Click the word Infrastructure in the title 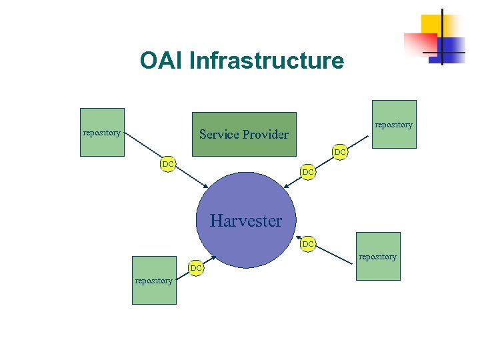pyautogui.click(x=267, y=61)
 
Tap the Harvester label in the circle pyautogui.click(x=246, y=221)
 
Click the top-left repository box pyautogui.click(x=102, y=132)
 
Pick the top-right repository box pyautogui.click(x=394, y=124)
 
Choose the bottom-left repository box pyautogui.click(x=154, y=280)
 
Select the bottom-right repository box pyautogui.click(x=378, y=256)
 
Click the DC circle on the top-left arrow pyautogui.click(x=168, y=164)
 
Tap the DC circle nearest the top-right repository pyautogui.click(x=340, y=153)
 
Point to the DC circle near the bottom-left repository pyautogui.click(x=195, y=268)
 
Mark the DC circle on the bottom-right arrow pyautogui.click(x=308, y=245)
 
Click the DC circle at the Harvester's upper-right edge pyautogui.click(x=307, y=173)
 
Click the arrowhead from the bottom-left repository pyautogui.click(x=213, y=257)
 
